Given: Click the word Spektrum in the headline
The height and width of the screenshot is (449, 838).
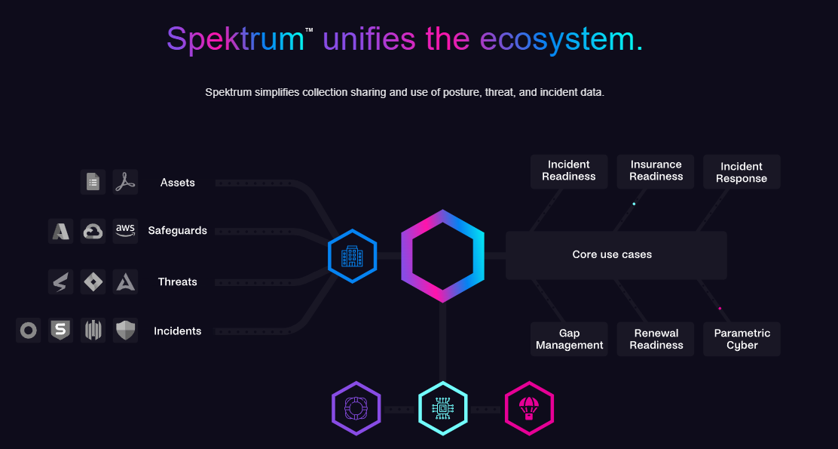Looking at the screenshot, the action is click(x=234, y=39).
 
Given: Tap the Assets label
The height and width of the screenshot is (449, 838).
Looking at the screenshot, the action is click(x=178, y=183).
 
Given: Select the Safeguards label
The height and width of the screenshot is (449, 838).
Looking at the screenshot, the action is click(x=178, y=231).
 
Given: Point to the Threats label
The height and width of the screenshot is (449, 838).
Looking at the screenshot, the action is click(x=178, y=282).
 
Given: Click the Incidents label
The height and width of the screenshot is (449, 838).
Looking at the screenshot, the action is click(x=178, y=331).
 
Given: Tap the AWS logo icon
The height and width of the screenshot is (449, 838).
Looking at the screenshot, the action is click(x=125, y=231).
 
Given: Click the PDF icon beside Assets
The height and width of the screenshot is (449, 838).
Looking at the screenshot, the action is click(x=125, y=183).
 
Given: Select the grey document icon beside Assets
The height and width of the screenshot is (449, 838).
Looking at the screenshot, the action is click(x=93, y=183).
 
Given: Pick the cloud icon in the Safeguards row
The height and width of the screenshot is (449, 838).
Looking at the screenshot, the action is click(x=93, y=231).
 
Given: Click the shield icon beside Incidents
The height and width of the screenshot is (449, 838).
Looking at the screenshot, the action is click(x=125, y=331).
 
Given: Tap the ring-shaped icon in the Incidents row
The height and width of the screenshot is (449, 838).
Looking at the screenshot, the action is click(x=29, y=331).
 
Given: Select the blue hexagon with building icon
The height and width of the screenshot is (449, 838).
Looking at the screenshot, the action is click(x=353, y=256).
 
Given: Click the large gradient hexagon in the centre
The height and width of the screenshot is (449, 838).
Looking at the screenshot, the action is click(x=442, y=256).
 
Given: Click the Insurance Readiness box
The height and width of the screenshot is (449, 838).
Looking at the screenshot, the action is click(x=656, y=171).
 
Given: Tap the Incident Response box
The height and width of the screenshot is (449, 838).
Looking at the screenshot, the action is click(x=742, y=172).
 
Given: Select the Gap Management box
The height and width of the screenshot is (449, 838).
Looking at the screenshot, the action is click(x=569, y=340).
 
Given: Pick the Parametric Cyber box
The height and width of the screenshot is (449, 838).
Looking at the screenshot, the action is click(x=742, y=340).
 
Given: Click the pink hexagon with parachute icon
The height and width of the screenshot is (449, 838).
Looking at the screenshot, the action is click(x=529, y=409).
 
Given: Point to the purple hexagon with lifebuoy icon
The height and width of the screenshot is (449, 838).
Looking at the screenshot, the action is click(x=356, y=409).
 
